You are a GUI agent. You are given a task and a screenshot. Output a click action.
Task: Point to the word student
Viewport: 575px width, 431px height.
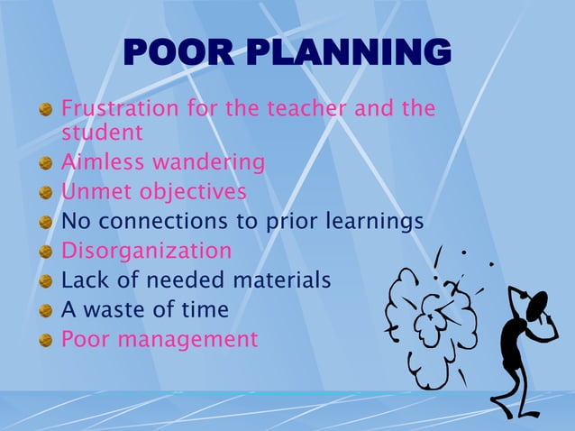102,133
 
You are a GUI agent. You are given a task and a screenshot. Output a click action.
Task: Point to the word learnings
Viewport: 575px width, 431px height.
373,222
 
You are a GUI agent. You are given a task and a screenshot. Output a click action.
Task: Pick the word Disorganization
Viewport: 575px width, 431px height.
146,251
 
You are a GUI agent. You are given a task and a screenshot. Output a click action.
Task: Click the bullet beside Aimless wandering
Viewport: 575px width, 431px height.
45,163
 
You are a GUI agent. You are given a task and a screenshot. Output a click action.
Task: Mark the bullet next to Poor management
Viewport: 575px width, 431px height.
45,341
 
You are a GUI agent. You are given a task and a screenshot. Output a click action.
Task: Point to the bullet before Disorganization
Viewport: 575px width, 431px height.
45,252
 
